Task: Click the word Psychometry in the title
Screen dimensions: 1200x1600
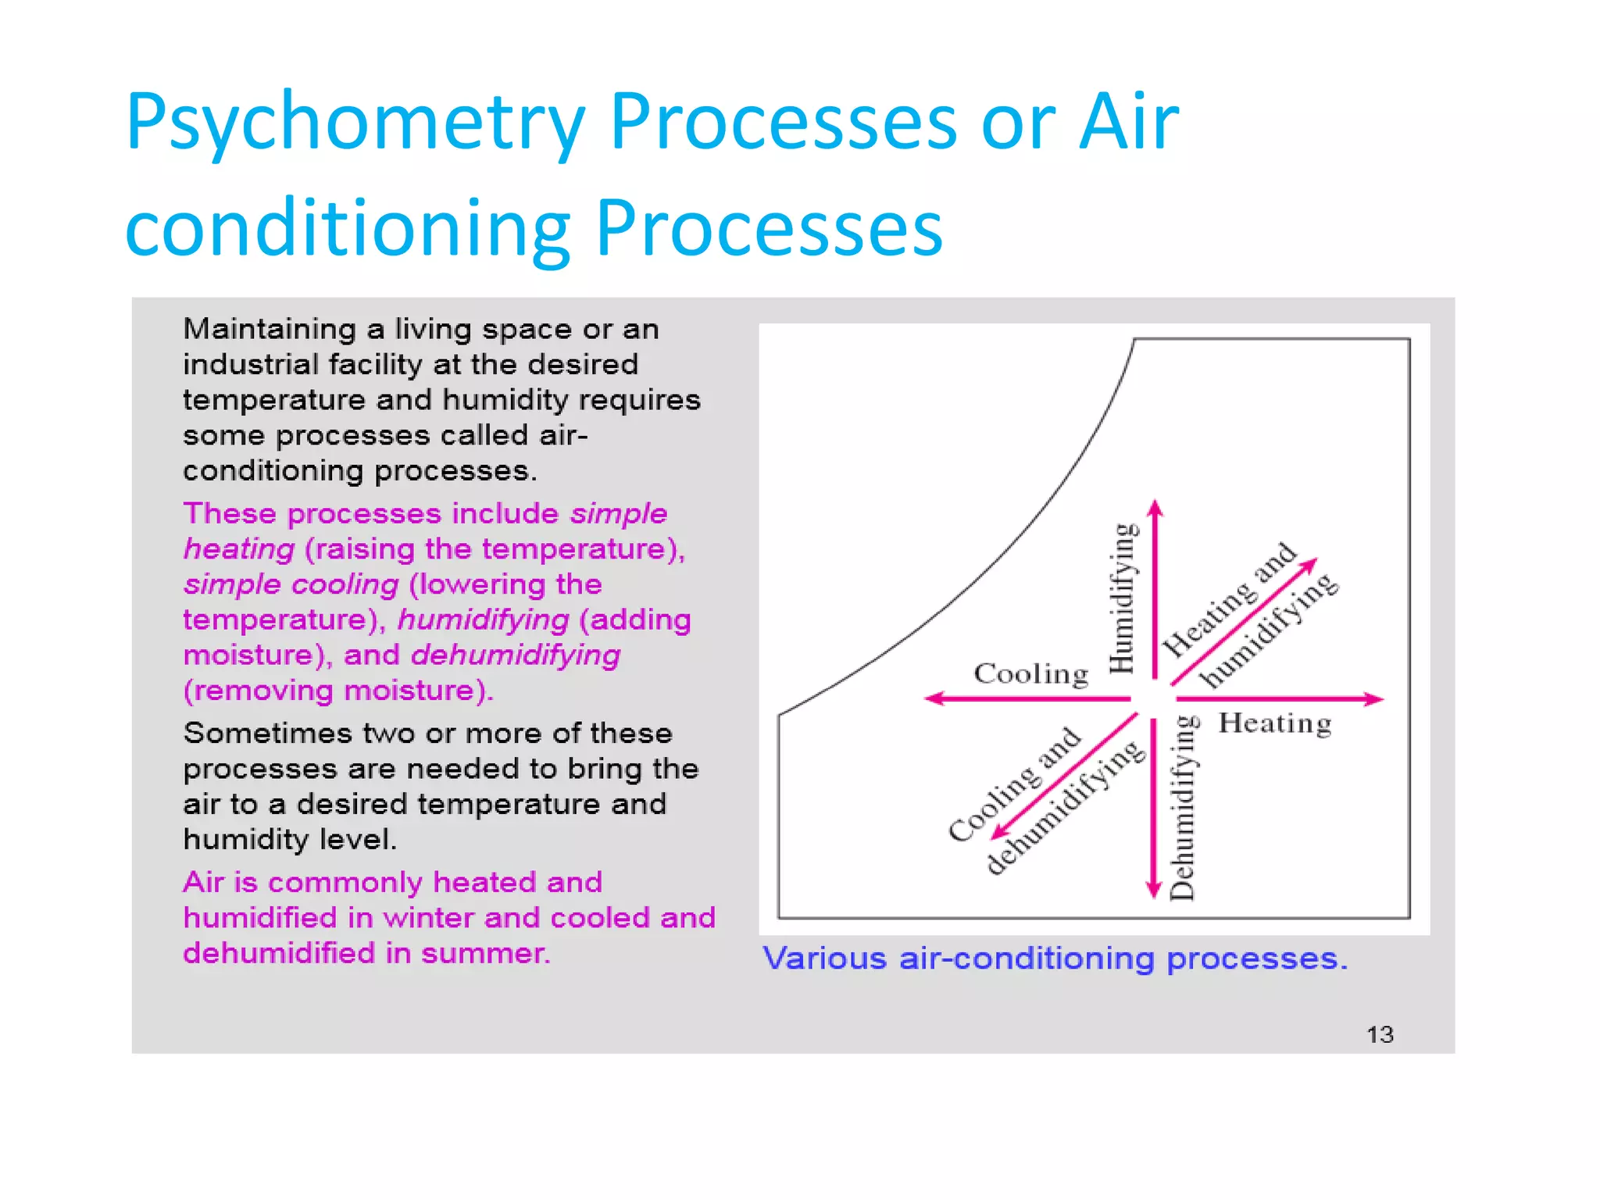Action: coord(355,123)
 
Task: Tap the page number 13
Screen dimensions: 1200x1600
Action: coord(1380,1035)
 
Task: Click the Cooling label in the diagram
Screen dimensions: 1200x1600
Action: coord(1030,673)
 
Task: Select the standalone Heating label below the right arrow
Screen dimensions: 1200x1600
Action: coord(1275,723)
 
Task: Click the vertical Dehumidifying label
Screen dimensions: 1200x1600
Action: coord(1183,808)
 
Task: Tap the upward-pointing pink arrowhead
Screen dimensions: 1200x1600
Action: coord(1155,509)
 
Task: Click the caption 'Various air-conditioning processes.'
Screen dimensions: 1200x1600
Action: coord(1055,959)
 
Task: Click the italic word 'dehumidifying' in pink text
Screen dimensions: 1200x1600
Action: coord(515,655)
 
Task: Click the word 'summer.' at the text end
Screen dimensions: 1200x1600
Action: coord(485,954)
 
